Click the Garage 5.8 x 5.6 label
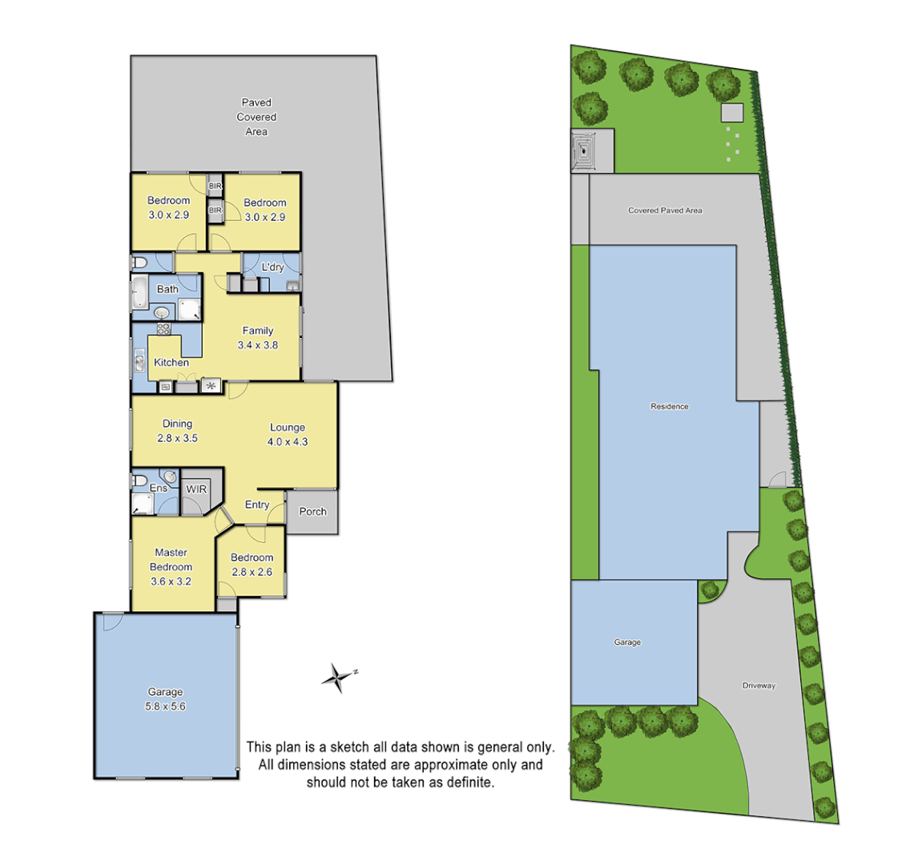click(x=165, y=699)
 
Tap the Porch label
click(x=312, y=511)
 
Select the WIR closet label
click(x=195, y=489)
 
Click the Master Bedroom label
click(x=171, y=567)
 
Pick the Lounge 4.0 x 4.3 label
click(x=288, y=434)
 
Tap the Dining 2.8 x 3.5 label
click(x=177, y=431)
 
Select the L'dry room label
click(x=272, y=267)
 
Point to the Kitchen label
click(x=171, y=363)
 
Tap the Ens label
click(x=159, y=488)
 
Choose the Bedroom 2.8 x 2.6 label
click(x=252, y=565)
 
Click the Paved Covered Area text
click(x=256, y=117)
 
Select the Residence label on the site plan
click(x=669, y=406)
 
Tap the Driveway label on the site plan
click(x=758, y=686)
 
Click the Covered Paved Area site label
click(x=665, y=211)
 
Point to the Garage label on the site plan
click(x=627, y=642)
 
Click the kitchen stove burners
click(x=163, y=328)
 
